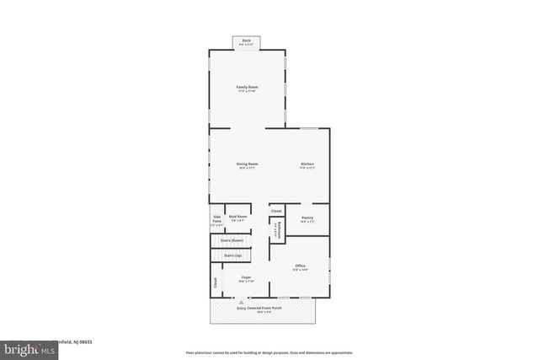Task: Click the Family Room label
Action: tap(247, 87)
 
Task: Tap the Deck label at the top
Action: tap(247, 40)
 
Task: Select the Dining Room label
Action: tap(247, 164)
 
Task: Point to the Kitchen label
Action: tap(307, 164)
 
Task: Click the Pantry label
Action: tap(307, 218)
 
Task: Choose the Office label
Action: tap(300, 266)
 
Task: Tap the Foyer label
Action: tap(247, 277)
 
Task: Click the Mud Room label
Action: tap(237, 217)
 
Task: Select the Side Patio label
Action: tap(216, 219)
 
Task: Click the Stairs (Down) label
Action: tap(232, 240)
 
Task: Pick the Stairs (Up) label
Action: tap(232, 255)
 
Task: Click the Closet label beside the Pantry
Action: tap(276, 210)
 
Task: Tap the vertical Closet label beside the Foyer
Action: tap(215, 284)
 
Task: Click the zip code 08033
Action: tap(84, 341)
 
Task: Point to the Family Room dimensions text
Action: tap(247, 92)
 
